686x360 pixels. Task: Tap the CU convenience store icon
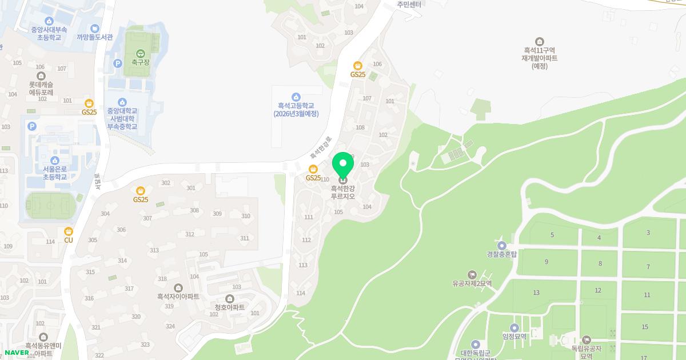(69, 231)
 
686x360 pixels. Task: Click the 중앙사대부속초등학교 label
(49, 33)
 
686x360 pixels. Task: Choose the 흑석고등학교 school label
(297, 109)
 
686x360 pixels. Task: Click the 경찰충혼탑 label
(501, 254)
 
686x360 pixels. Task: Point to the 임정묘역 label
(514, 336)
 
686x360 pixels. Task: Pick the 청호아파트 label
(229, 307)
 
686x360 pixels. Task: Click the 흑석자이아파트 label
(178, 297)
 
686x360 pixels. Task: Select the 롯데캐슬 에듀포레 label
(41, 88)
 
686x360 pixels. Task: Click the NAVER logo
(17, 352)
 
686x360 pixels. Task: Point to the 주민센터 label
(409, 5)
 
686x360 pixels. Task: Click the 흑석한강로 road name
(321, 147)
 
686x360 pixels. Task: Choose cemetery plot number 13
(536, 293)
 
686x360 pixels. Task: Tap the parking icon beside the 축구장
(118, 63)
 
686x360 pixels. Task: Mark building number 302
(166, 183)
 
